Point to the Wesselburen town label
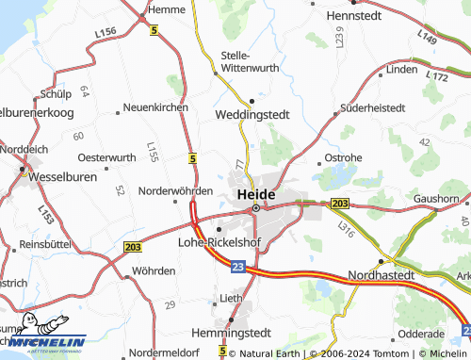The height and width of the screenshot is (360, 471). [x=62, y=175]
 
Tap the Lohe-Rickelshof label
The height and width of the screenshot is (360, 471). [x=219, y=241]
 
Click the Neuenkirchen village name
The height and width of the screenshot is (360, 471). [x=155, y=108]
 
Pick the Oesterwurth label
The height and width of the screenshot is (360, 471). [x=106, y=156]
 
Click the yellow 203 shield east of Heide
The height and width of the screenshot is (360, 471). [x=340, y=204]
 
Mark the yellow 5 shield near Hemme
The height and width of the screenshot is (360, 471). [x=154, y=30]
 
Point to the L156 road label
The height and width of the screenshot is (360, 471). [x=106, y=33]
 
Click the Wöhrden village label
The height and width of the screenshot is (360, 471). [x=154, y=270]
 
